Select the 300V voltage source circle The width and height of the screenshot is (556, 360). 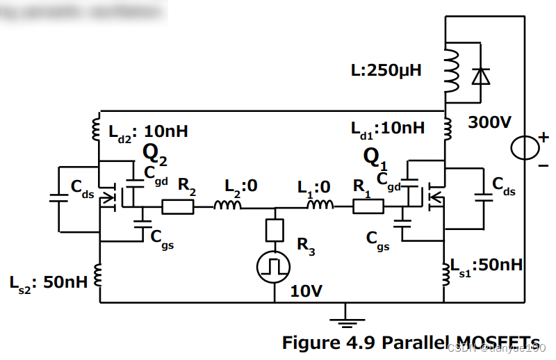(x=525, y=147)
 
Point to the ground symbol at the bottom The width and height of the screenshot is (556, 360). (x=341, y=320)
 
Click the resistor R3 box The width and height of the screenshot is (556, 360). (x=275, y=229)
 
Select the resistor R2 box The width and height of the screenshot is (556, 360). (x=177, y=206)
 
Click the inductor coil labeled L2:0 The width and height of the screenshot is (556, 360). (x=227, y=206)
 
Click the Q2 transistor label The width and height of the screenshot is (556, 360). (x=155, y=154)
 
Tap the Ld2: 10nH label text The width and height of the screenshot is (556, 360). (x=148, y=131)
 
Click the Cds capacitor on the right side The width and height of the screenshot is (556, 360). (x=480, y=197)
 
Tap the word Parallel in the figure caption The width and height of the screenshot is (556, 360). (x=402, y=343)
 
